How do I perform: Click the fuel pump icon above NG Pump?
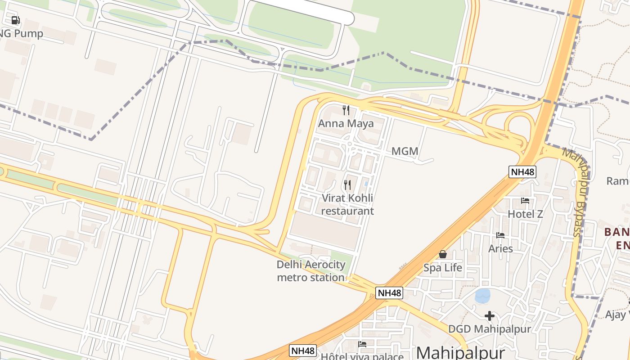tap(16, 20)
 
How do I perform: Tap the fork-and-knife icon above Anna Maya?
tap(346, 110)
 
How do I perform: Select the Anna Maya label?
tap(346, 123)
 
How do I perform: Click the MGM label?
tap(405, 151)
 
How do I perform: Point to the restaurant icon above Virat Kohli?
tap(347, 185)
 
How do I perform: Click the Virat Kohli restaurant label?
tap(347, 204)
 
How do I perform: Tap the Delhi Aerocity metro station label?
tap(311, 271)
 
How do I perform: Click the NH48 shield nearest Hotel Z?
tap(522, 171)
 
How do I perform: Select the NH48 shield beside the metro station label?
tap(389, 293)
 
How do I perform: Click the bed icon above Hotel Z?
tap(525, 201)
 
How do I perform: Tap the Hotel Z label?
tap(525, 214)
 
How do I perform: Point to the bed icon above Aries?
tap(500, 235)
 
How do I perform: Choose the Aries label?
tap(500, 248)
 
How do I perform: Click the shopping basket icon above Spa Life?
tap(443, 255)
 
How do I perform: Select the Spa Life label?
tap(443, 268)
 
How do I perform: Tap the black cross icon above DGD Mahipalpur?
tap(490, 316)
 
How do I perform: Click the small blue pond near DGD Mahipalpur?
tap(482, 296)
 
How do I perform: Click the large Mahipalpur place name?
tap(461, 352)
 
